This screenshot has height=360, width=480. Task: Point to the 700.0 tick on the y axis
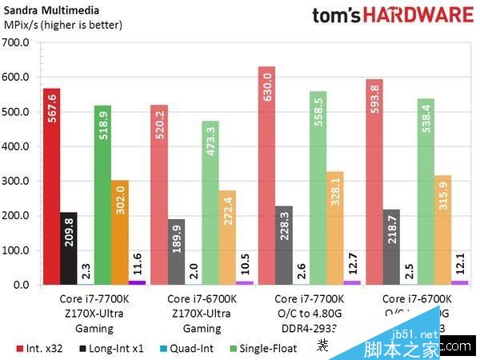[17, 42]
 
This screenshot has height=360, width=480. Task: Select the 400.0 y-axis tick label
[17, 146]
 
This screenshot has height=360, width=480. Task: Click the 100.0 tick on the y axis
[17, 250]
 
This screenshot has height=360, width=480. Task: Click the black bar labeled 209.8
[68, 248]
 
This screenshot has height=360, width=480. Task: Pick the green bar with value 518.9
[102, 195]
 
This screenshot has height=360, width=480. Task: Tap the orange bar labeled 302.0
[119, 232]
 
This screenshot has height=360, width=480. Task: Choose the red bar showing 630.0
[266, 176]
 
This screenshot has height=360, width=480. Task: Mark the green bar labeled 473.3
[210, 203]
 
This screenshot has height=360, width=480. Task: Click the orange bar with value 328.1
[334, 228]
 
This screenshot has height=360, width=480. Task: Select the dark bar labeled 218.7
[390, 247]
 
